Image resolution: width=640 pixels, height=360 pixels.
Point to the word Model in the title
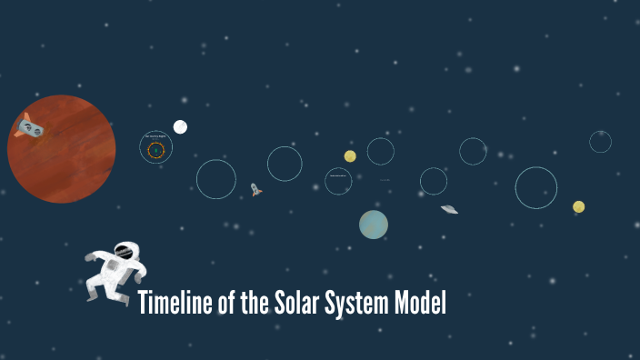(x=421, y=304)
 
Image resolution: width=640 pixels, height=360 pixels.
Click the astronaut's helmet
(x=125, y=251)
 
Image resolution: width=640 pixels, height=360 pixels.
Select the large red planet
(x=62, y=149)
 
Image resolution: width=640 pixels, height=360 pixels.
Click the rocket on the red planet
(x=29, y=127)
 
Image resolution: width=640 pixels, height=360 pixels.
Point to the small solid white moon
(x=180, y=126)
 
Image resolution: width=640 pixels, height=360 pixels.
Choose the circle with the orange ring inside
(x=155, y=148)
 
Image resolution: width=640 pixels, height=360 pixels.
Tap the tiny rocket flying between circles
(x=255, y=190)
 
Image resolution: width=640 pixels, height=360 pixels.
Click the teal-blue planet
(x=374, y=225)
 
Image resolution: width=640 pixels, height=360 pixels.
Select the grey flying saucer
(x=449, y=209)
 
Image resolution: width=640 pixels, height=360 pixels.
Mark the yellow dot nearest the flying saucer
(x=578, y=206)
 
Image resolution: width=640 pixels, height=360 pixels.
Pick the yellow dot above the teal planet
(x=350, y=156)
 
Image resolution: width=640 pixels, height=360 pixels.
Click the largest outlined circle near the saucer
(x=535, y=187)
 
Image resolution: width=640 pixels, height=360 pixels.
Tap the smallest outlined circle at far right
(x=600, y=142)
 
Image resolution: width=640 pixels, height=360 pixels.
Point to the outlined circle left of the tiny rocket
(x=216, y=179)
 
